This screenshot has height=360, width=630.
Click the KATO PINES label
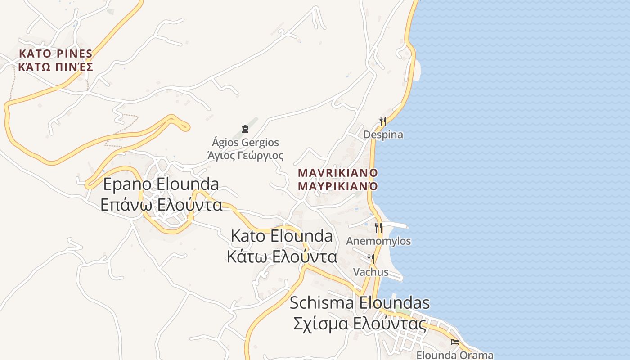(55, 54)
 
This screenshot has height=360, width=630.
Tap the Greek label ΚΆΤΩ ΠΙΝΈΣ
(55, 67)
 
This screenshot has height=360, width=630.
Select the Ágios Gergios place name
(245, 143)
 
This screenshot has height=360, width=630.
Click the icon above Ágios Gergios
(245, 130)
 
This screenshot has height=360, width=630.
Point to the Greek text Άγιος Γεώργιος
(245, 156)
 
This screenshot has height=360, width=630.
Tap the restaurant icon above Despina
(383, 121)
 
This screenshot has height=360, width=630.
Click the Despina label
(383, 135)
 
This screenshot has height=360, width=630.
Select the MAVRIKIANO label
(337, 173)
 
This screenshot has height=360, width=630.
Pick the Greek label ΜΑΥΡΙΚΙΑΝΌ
(337, 186)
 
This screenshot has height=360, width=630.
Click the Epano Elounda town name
(161, 184)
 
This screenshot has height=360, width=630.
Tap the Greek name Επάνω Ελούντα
(161, 205)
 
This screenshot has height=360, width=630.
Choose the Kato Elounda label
(282, 236)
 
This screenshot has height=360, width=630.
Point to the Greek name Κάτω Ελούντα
(282, 256)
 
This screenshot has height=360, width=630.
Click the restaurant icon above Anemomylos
(378, 228)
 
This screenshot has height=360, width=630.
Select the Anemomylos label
(378, 241)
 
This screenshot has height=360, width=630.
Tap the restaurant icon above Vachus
(371, 259)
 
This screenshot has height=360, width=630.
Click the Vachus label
(371, 272)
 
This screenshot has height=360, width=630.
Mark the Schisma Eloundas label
(360, 303)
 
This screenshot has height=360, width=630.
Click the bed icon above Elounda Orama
(455, 342)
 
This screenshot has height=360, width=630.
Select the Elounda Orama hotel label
(455, 355)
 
